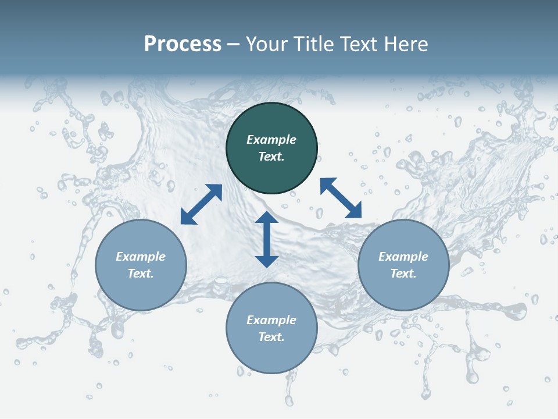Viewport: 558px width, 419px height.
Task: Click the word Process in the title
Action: [x=183, y=44]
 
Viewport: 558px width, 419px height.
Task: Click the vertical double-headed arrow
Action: [x=267, y=239]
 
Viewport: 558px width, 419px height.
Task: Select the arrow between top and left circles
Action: [x=201, y=204]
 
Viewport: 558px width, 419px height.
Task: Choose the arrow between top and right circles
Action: [x=341, y=198]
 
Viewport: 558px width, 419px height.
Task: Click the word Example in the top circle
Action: [x=271, y=140]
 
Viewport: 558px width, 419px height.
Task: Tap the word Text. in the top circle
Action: [x=271, y=157]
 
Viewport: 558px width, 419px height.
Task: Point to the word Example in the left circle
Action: [x=141, y=257]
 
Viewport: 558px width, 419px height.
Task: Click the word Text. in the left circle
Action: [x=141, y=274]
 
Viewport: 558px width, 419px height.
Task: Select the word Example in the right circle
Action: [x=403, y=257]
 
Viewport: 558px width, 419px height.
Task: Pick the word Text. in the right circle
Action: [x=403, y=274]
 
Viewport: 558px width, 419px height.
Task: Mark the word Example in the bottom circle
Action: [x=271, y=320]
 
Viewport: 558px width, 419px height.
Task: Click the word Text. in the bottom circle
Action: [x=271, y=337]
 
